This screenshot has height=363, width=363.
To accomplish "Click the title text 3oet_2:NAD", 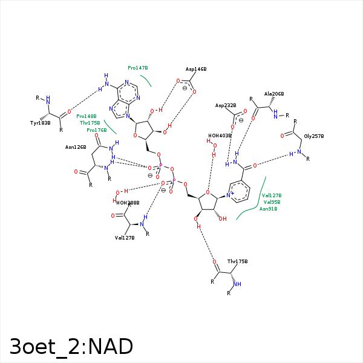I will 71,346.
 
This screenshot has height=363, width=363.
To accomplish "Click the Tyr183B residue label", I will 40,123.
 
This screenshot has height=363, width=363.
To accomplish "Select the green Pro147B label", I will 138,68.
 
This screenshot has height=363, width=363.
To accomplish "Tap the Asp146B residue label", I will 196,70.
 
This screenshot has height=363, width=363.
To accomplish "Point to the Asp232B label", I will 226,105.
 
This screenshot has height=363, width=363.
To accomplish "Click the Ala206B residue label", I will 274,94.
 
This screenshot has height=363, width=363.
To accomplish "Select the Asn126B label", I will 76,146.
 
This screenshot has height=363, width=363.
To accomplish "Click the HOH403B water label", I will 220,136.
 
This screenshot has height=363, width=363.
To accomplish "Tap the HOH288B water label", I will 128,203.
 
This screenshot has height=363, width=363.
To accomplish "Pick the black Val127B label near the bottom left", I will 125,237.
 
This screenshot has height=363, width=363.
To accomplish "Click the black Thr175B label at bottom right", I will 238,261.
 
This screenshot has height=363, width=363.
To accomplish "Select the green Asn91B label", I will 268,209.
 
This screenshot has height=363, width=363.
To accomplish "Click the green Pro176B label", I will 96,129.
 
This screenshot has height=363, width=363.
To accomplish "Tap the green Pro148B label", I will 87,116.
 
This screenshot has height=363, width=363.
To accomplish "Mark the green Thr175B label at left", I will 90,123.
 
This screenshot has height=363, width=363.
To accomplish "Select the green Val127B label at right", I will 272,195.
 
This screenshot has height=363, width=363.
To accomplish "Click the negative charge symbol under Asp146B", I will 185,88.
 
